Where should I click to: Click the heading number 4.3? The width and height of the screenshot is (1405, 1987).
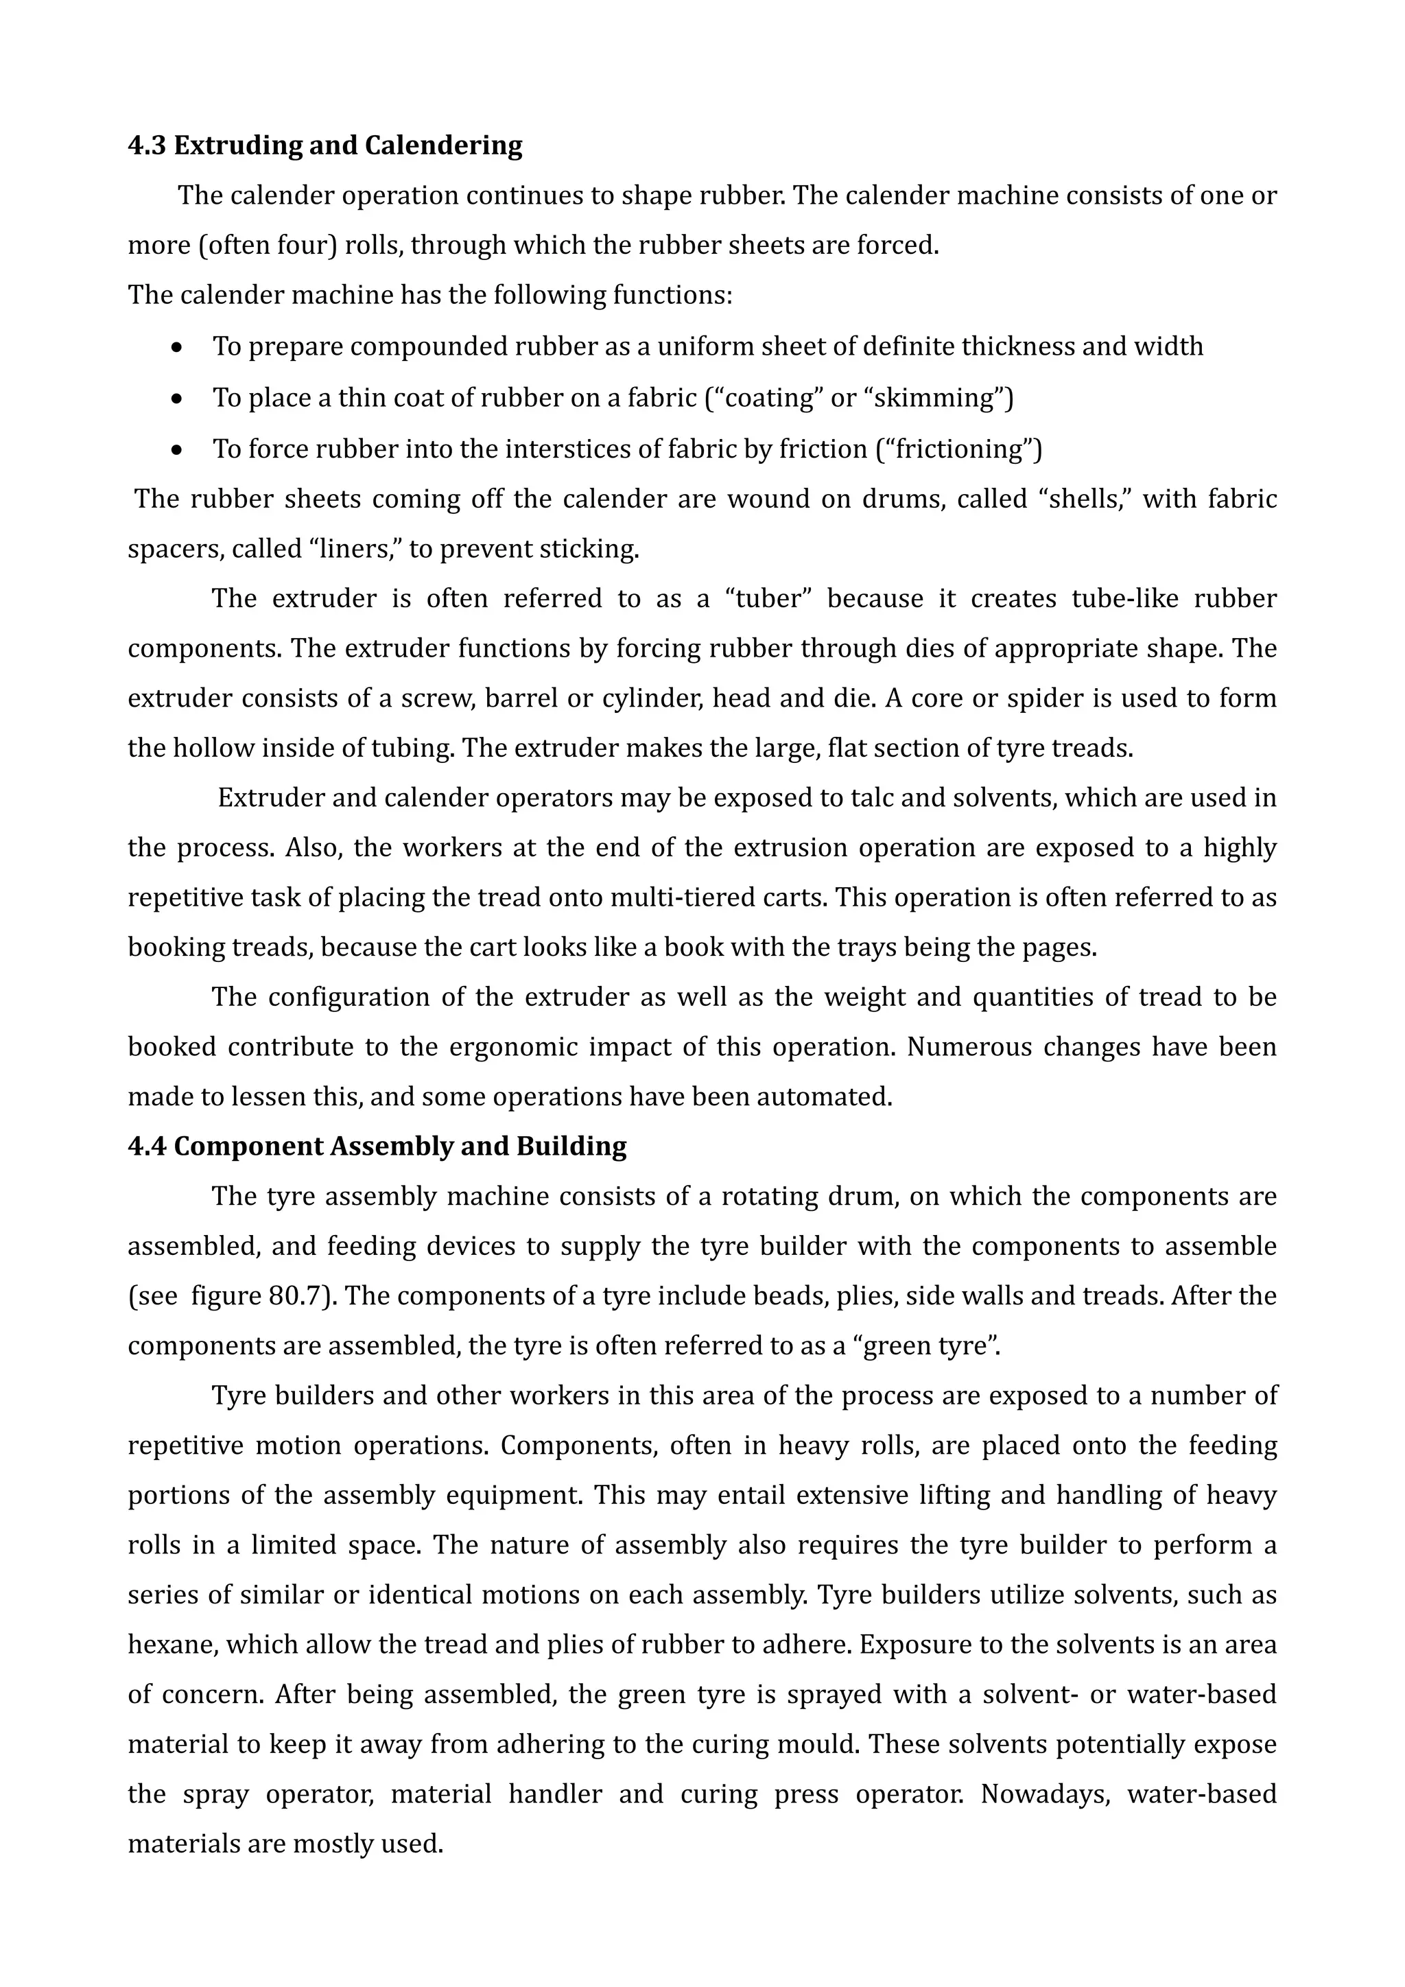(146, 145)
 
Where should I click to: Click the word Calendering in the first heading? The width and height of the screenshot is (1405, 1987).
(443, 145)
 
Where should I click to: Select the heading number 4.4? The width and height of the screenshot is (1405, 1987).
(146, 1147)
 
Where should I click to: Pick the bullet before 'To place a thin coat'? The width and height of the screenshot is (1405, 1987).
(178, 399)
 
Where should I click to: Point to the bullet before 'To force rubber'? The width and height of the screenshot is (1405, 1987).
(178, 450)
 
